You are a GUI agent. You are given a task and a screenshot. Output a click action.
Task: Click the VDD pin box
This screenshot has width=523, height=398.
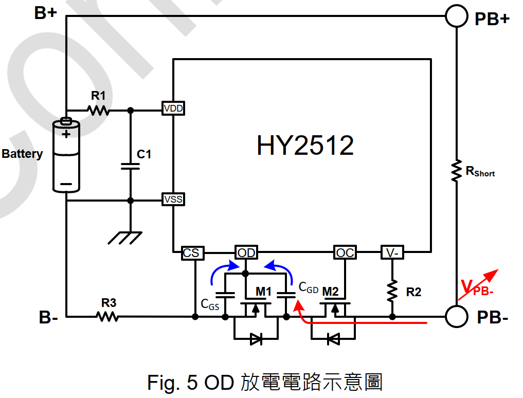(x=173, y=108)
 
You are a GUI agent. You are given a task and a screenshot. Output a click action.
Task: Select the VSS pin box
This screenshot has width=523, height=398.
(x=173, y=199)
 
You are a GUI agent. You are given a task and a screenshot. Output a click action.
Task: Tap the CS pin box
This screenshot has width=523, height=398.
(x=192, y=253)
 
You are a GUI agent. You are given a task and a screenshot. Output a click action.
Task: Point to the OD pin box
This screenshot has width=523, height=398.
(x=246, y=252)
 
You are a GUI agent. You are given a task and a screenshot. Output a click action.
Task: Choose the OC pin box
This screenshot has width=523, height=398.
(x=345, y=252)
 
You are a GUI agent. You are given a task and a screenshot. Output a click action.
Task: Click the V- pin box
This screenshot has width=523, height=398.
(x=392, y=252)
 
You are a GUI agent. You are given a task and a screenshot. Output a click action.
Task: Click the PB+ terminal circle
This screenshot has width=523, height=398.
(x=456, y=15)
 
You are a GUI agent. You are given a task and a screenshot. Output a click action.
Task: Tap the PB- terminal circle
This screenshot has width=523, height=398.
(x=456, y=316)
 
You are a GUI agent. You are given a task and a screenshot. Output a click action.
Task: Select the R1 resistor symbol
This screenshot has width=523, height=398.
(x=98, y=110)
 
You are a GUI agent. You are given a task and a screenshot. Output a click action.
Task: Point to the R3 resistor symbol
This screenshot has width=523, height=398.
(x=107, y=316)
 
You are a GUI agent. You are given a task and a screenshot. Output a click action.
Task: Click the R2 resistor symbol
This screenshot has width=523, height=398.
(x=392, y=291)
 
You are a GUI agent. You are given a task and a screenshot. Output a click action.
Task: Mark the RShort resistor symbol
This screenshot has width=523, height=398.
(x=456, y=171)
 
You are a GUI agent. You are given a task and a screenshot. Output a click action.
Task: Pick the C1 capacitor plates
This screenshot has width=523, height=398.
(x=131, y=166)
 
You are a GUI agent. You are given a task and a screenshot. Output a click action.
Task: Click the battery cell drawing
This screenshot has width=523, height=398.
(x=66, y=155)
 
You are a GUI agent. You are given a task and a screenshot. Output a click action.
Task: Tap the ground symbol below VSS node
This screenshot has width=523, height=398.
(x=125, y=238)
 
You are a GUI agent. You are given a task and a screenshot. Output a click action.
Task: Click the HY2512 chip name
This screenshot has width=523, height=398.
(x=305, y=146)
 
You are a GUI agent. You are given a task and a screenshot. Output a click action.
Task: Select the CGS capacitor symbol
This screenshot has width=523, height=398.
(x=225, y=295)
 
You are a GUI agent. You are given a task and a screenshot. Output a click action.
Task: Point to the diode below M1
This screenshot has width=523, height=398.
(x=256, y=339)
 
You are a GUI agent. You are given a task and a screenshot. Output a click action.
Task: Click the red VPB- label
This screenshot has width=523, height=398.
(x=477, y=287)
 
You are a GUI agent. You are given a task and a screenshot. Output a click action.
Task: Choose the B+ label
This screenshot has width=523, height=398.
(x=46, y=13)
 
